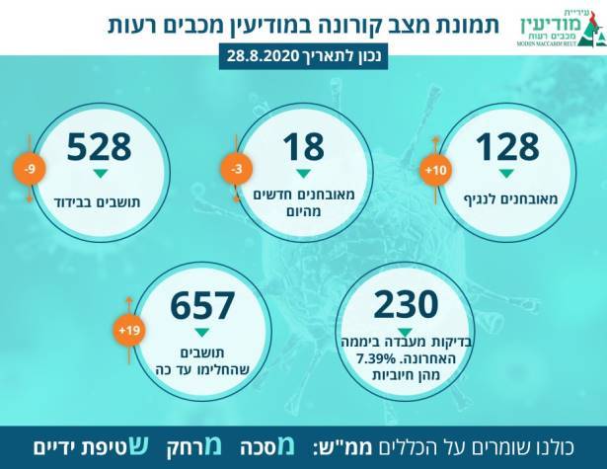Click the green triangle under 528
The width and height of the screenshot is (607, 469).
click(x=100, y=174)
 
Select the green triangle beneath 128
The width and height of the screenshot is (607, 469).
click(x=507, y=174)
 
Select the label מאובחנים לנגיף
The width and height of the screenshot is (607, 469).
click(x=507, y=199)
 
